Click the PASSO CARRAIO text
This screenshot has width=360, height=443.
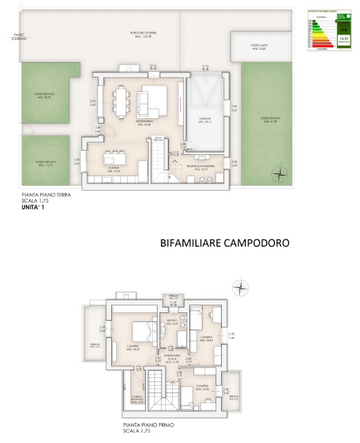19,37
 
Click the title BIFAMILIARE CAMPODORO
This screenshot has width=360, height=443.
223,243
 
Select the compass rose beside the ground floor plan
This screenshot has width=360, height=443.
278,173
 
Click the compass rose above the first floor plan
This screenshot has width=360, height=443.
240,285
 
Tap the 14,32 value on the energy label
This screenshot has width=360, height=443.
343,39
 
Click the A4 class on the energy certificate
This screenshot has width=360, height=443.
343,30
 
